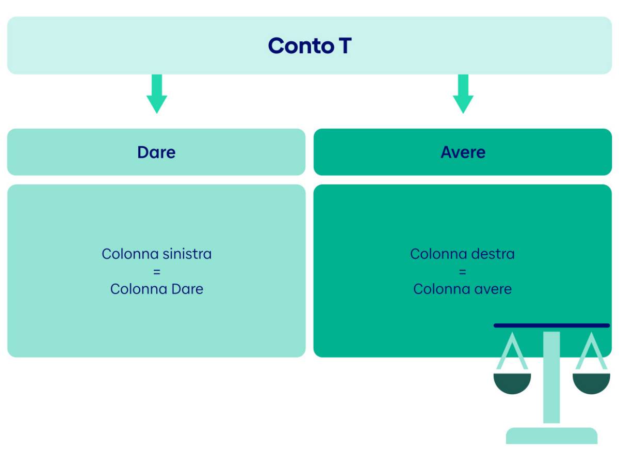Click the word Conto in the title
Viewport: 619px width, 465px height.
pyautogui.click(x=301, y=46)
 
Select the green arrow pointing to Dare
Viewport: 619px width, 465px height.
pyautogui.click(x=157, y=94)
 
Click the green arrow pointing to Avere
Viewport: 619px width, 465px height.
pyautogui.click(x=463, y=94)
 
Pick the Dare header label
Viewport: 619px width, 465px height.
pyautogui.click(x=156, y=152)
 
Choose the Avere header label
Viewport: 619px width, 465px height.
pyautogui.click(x=463, y=152)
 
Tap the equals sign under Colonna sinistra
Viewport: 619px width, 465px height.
pyautogui.click(x=157, y=272)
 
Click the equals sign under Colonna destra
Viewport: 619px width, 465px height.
pyautogui.click(x=463, y=272)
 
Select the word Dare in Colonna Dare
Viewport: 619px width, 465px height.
pyautogui.click(x=187, y=289)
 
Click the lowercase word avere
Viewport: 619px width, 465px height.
pyautogui.click(x=493, y=289)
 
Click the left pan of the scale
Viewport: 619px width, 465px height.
pyautogui.click(x=512, y=383)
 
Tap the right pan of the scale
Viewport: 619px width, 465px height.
pyautogui.click(x=591, y=383)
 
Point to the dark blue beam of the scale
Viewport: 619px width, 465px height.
pyautogui.click(x=551, y=326)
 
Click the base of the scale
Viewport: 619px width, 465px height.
pyautogui.click(x=551, y=436)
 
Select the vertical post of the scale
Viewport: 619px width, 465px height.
pyautogui.click(x=551, y=378)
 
